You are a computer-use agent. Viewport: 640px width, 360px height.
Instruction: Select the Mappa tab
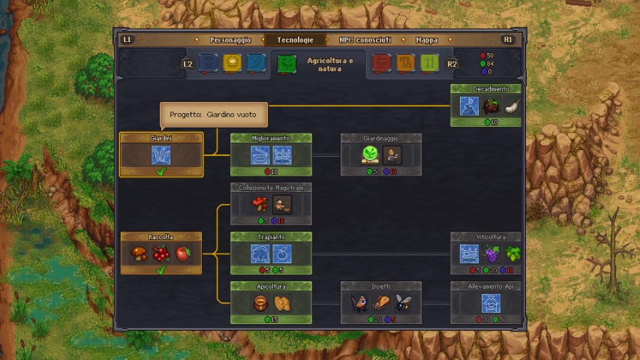[426, 40]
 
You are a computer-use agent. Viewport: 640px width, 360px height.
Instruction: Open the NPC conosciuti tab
[365, 40]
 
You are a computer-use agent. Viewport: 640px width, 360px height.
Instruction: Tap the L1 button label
[127, 40]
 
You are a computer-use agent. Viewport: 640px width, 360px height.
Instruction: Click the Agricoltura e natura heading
[335, 64]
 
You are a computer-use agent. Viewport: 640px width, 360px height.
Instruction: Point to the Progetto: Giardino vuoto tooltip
[213, 115]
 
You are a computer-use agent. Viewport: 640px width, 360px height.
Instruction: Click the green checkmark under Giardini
[161, 172]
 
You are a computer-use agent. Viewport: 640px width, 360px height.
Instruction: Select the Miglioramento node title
[271, 138]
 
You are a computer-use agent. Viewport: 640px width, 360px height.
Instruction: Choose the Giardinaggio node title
[380, 138]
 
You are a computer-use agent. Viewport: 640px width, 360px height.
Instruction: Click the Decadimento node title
[491, 89]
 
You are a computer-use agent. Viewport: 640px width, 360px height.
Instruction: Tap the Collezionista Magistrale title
[271, 187]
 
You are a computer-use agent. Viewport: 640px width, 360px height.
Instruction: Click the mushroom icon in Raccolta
[140, 253]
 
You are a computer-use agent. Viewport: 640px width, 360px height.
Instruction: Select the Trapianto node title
[271, 237]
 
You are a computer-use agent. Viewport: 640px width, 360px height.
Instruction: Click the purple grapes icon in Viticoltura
[491, 253]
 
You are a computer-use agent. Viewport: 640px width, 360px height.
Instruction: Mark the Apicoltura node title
[271, 286]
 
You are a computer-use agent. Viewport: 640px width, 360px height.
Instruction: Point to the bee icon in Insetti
[402, 303]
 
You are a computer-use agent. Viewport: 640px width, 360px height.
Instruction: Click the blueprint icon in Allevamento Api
[491, 303]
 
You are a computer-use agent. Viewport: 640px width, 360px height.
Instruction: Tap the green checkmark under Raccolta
[161, 270]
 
